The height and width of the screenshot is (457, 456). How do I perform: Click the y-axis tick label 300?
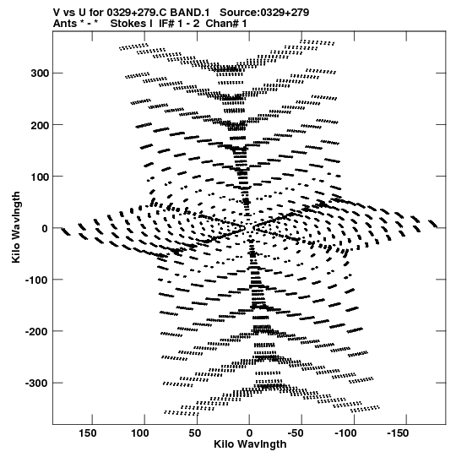40,73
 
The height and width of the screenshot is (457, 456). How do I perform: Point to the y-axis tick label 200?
40,125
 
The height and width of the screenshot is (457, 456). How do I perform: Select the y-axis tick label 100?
40,177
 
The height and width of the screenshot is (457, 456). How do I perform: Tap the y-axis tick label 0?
45,228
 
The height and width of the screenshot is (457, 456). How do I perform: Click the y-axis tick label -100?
37,280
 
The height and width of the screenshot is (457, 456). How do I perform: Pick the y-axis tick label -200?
37,331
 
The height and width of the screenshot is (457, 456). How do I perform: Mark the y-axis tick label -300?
37,383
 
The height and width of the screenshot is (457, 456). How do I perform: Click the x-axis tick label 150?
88,433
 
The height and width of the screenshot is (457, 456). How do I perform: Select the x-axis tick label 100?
140,433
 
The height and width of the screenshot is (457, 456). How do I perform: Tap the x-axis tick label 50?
194,433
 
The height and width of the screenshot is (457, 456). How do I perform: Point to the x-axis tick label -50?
296,433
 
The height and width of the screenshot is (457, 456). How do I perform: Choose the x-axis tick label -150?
398,433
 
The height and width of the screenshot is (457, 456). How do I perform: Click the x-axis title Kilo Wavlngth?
250,444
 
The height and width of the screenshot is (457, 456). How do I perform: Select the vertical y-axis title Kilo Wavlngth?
16,227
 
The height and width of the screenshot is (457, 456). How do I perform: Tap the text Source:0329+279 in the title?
264,13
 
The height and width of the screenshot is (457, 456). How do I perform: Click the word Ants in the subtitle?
65,24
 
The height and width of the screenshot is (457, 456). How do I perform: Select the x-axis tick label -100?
345,433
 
